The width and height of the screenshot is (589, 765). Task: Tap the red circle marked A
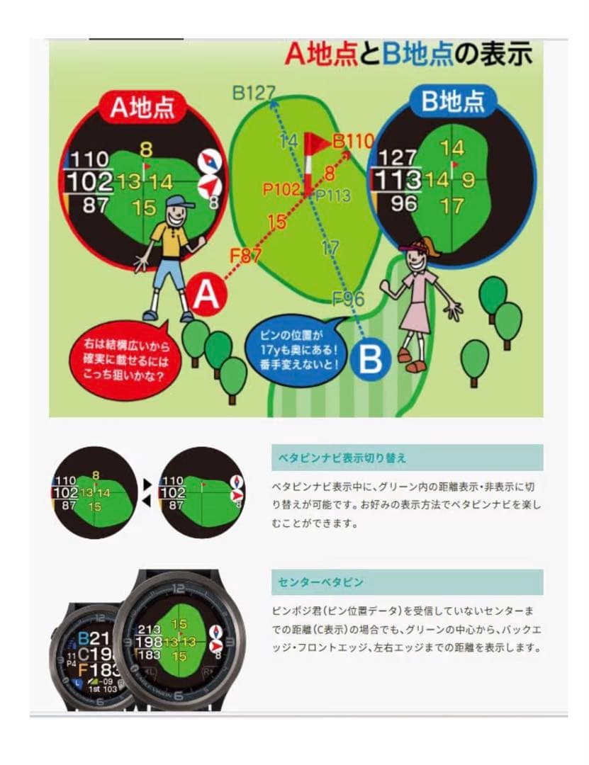point(206,295)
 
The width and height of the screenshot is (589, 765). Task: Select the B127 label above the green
point(253,92)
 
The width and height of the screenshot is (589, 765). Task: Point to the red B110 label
point(352,142)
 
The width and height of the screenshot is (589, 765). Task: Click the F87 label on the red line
point(246,255)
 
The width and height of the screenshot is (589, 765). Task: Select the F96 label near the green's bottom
point(348,298)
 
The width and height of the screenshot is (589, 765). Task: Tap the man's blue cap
point(179,202)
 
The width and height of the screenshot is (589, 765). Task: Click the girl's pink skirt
point(416,317)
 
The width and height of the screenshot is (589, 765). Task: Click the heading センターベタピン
point(320,582)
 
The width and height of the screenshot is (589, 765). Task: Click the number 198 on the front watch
point(149,642)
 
